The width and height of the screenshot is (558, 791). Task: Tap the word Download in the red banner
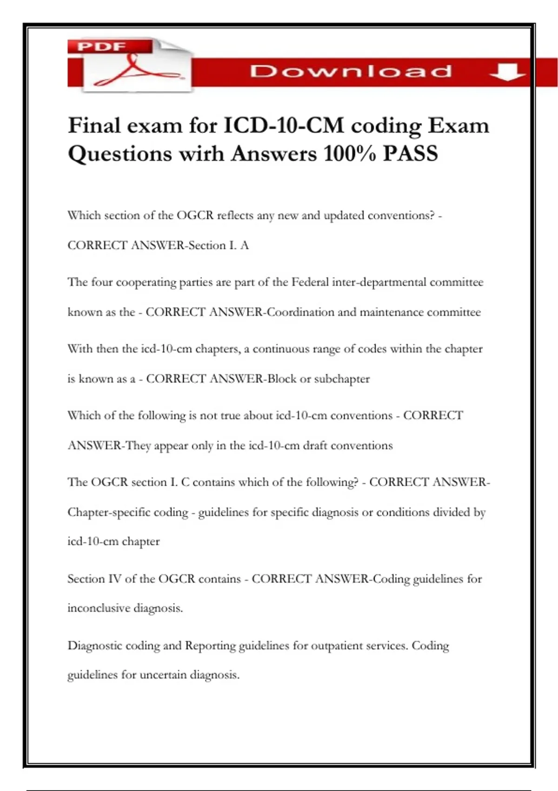click(351, 71)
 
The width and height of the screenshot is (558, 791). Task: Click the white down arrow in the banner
click(507, 72)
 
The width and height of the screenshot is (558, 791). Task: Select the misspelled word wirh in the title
click(202, 154)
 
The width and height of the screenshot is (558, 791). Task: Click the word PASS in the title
click(410, 154)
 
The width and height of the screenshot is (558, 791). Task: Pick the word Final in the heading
click(94, 126)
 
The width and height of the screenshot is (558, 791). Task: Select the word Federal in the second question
click(310, 282)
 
